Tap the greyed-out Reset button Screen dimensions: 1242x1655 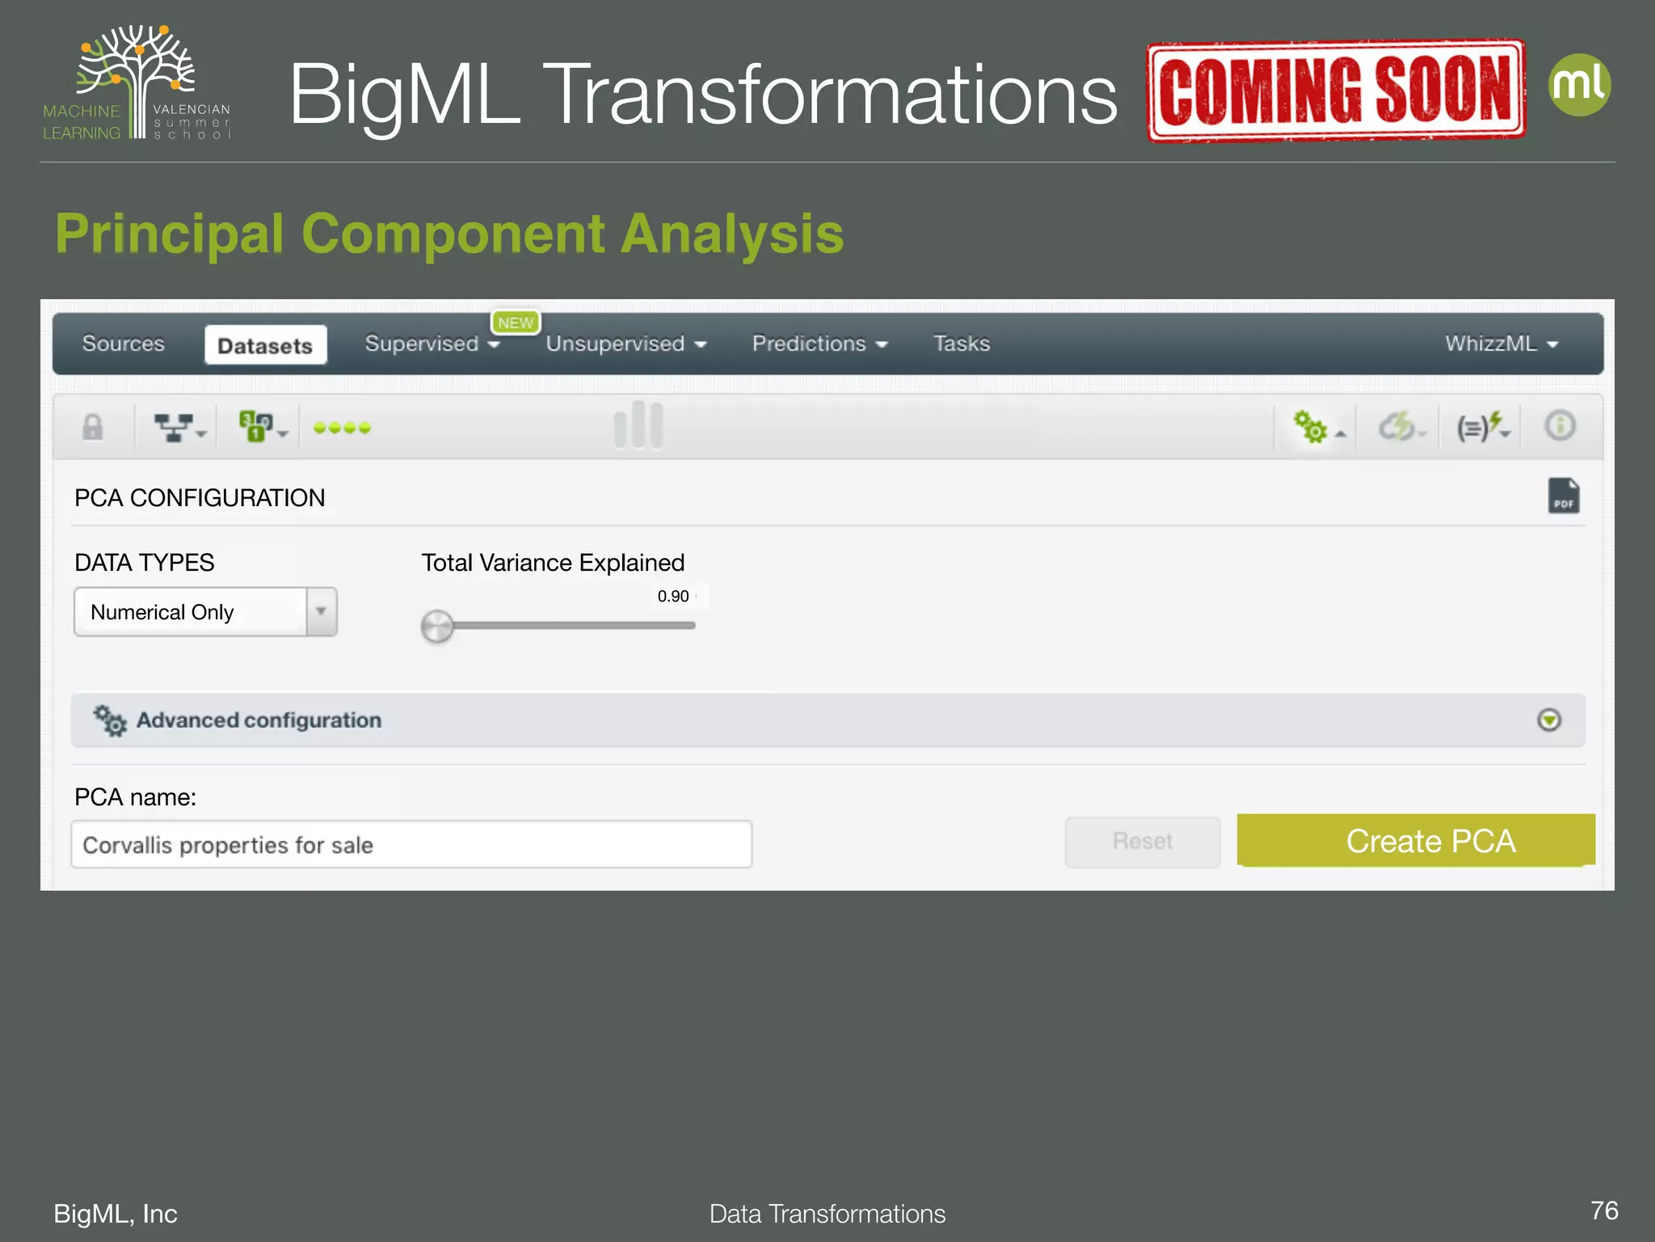tap(1142, 842)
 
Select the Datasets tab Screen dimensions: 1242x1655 tap(265, 345)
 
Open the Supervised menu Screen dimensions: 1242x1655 tap(432, 344)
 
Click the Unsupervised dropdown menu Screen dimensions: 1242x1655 tap(625, 344)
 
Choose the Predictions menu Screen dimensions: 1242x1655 tap(819, 344)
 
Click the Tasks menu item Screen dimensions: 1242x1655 tap(961, 344)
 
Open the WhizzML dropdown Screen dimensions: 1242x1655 tap(1501, 344)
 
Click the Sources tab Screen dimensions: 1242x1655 tap(124, 344)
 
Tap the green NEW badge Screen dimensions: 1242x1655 tap(516, 323)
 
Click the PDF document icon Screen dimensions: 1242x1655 tap(1563, 496)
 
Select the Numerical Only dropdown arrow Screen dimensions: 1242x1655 tap(321, 611)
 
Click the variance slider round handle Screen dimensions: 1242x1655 tap(437, 627)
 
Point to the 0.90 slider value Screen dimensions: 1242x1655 tap(672, 597)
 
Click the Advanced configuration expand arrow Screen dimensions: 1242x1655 tap(1548, 720)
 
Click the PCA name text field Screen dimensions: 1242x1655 tap(411, 845)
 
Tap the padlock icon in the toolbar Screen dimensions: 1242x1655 tap(93, 426)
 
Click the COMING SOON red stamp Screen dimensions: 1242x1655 tap(1336, 91)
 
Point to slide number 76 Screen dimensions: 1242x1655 tap(1603, 1210)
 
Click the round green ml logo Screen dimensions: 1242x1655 tap(1579, 85)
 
